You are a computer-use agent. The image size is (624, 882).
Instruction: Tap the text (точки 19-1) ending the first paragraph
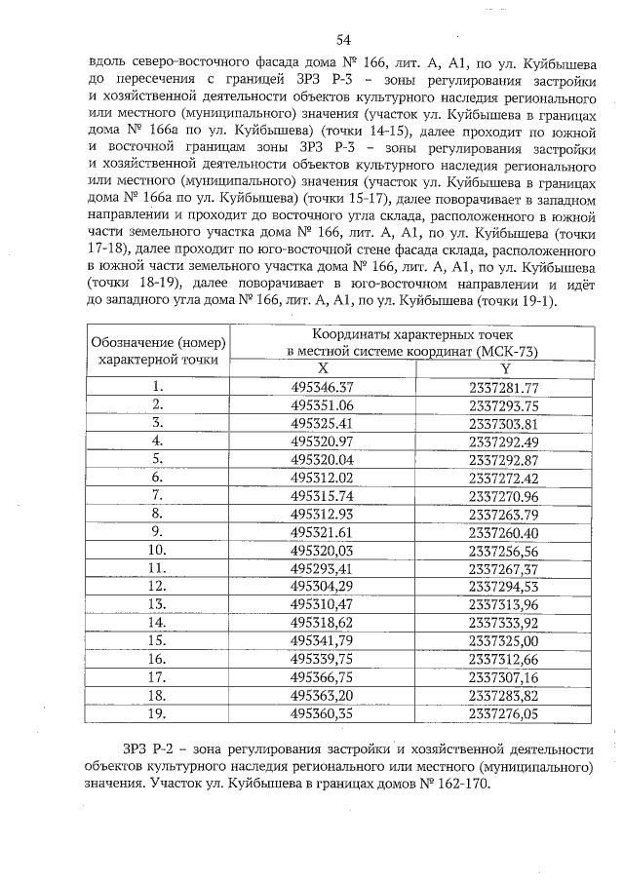pyautogui.click(x=512, y=300)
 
